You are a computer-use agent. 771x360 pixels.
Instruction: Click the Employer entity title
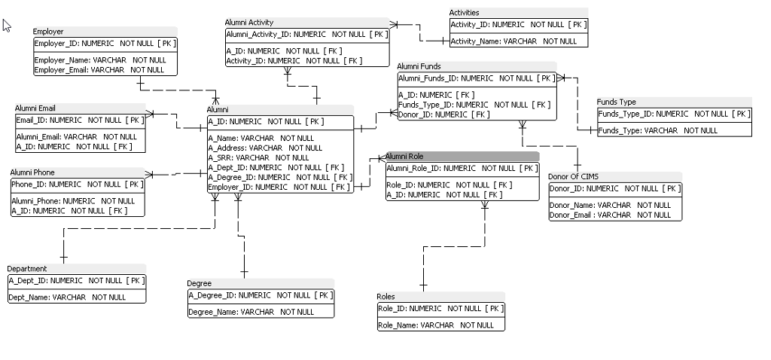49,32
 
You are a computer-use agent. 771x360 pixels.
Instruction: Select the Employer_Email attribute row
99,70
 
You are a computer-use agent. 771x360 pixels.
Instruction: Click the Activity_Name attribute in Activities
513,41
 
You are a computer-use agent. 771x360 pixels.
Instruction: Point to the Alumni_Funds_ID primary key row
475,78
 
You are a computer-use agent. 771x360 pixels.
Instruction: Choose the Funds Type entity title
617,102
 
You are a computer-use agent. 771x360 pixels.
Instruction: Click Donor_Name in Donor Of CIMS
610,205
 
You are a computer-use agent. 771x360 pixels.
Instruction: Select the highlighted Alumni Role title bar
462,156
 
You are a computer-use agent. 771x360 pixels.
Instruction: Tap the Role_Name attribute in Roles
436,325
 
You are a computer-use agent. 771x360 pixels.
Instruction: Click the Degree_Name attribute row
251,312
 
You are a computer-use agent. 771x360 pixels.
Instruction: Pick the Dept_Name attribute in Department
67,297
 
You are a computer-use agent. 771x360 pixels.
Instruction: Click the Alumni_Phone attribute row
73,201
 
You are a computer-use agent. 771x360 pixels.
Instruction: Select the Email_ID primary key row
79,120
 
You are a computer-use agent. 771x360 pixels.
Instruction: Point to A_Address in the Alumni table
254,148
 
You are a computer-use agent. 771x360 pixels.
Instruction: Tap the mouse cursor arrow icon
7,26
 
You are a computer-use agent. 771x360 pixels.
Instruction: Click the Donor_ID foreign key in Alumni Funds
443,114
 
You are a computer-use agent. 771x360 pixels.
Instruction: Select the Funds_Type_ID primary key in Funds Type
673,114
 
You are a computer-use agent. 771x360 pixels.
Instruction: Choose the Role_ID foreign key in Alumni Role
449,185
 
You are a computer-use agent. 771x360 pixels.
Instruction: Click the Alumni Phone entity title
32,172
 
